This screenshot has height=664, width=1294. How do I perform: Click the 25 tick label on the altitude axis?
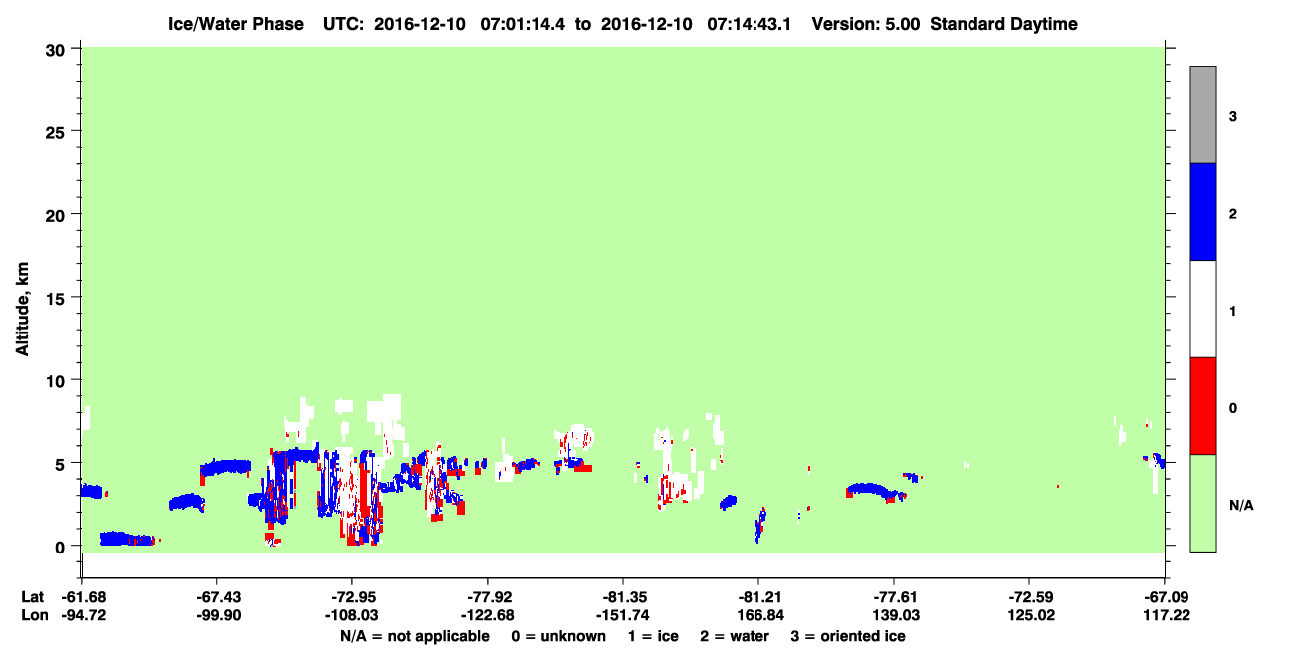coord(55,132)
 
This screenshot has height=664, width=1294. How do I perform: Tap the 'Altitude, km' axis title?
coord(22,310)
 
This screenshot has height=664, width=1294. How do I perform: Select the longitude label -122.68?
coord(487,615)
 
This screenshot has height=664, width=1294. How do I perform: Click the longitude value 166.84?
coord(760,615)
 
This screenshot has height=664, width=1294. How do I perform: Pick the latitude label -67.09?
coord(1167,597)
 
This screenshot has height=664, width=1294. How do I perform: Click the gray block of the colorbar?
coord(1202,114)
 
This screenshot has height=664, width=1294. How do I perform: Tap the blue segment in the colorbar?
coord(1202,211)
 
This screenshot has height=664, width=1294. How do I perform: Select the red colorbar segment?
coord(1202,406)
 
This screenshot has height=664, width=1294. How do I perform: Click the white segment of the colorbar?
coord(1202,309)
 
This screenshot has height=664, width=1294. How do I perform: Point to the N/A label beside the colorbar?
coord(1241,506)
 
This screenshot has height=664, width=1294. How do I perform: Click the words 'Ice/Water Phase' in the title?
coord(236,24)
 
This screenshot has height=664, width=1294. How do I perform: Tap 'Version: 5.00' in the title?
coord(865,24)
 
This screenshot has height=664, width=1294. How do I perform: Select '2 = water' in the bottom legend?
coord(735,636)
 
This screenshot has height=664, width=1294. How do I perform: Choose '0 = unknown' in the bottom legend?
coord(558,636)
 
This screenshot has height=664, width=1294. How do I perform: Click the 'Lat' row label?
coord(32,597)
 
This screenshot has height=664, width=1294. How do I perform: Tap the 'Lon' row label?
coord(34,615)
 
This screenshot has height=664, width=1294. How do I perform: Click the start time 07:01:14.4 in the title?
coord(523,24)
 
